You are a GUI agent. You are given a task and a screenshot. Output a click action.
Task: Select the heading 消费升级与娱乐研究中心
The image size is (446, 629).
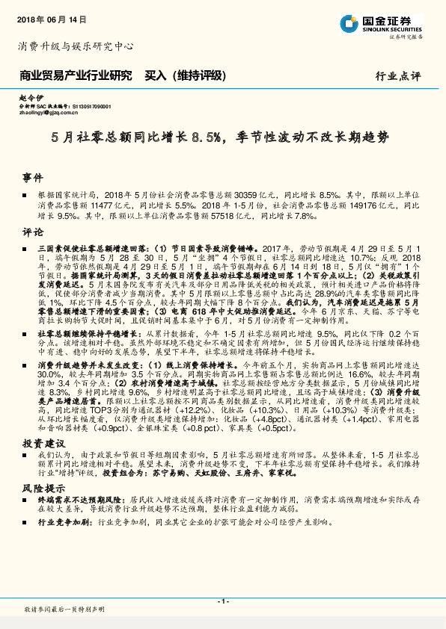click(x=76, y=46)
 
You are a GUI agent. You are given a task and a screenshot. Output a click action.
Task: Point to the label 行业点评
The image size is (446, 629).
click(x=397, y=76)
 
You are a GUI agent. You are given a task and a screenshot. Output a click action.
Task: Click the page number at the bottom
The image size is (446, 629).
click(x=222, y=601)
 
